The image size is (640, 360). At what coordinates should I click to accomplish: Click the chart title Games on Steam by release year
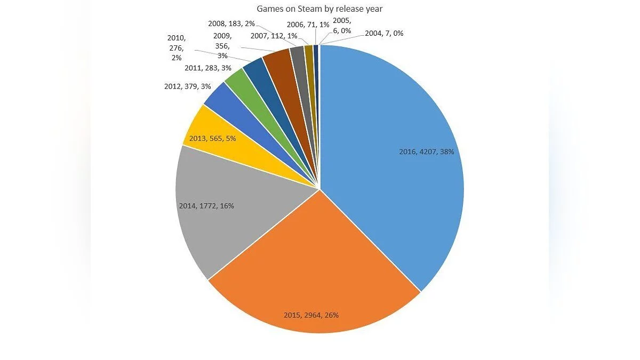(x=319, y=9)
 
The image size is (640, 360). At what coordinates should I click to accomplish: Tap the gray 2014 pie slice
(x=229, y=213)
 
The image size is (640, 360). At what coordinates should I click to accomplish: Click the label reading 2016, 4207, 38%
(x=427, y=151)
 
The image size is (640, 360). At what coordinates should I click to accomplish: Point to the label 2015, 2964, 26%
(x=311, y=315)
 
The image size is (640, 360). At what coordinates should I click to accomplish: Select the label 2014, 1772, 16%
(x=206, y=205)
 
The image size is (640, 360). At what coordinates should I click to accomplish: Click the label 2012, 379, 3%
(x=188, y=86)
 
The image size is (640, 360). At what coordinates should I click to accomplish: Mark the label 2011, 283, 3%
(x=208, y=68)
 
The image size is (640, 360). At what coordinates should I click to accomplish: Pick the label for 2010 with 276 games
(x=175, y=47)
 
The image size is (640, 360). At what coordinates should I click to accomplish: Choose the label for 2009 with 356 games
(x=222, y=45)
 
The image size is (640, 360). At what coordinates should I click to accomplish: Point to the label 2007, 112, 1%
(x=274, y=36)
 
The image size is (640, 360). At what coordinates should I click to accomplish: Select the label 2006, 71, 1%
(x=307, y=24)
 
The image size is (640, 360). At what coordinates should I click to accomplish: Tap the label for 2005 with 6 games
(x=341, y=26)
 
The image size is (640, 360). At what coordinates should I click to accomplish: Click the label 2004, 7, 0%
(x=384, y=33)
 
